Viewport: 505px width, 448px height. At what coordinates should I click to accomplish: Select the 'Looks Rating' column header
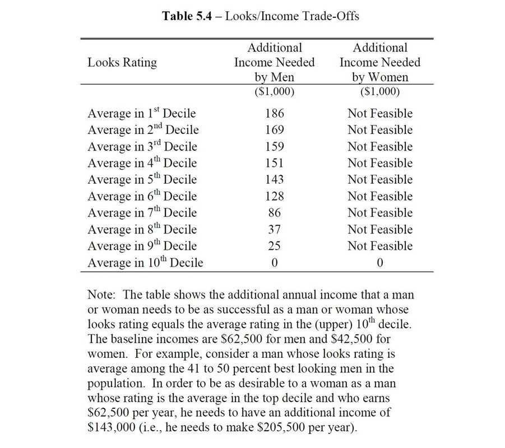click(x=122, y=63)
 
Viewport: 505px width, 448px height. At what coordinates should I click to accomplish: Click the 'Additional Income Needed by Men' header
click(x=274, y=63)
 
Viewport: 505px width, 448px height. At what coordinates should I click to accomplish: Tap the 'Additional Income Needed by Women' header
click(x=379, y=63)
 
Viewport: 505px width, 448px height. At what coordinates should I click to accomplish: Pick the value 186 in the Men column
click(x=274, y=114)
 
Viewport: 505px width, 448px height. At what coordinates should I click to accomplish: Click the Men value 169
click(x=274, y=130)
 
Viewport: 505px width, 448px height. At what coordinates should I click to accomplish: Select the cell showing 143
click(x=274, y=180)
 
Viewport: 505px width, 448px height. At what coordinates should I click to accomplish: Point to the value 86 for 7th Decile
click(x=274, y=213)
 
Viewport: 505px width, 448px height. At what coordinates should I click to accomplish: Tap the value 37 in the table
click(x=274, y=230)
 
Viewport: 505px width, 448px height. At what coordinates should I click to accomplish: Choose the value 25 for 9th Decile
click(x=274, y=246)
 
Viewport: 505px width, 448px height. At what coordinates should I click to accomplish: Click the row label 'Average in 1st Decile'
click(x=141, y=114)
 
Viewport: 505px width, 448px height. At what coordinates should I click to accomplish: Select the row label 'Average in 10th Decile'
click(x=145, y=263)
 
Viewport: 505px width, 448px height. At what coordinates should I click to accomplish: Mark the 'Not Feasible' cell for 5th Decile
click(x=379, y=180)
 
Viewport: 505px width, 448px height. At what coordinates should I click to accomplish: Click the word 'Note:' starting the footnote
click(x=101, y=295)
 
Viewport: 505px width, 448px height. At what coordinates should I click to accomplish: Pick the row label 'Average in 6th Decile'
click(x=142, y=197)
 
